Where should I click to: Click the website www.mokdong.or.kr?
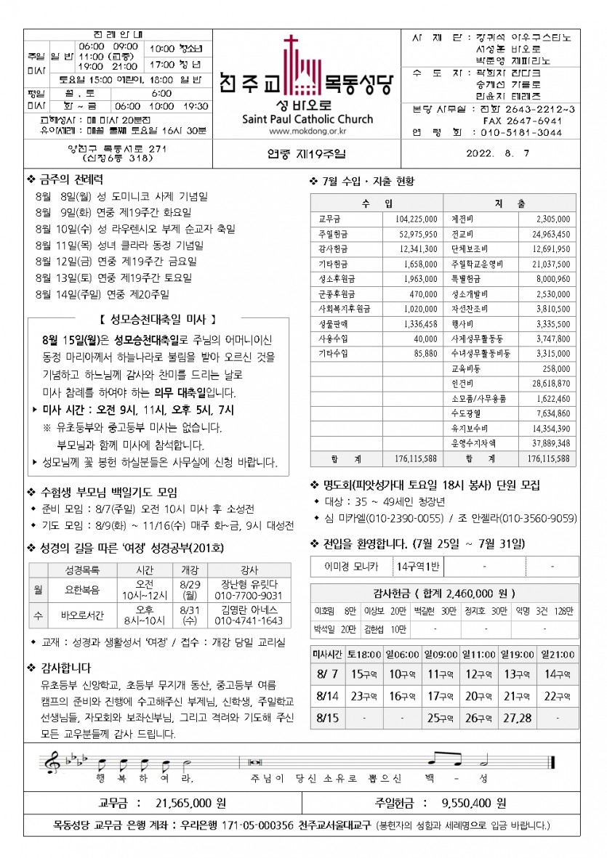(307, 131)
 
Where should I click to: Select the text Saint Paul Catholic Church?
(307, 119)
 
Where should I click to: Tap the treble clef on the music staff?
(52, 762)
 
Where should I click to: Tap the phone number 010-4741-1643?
(249, 621)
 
